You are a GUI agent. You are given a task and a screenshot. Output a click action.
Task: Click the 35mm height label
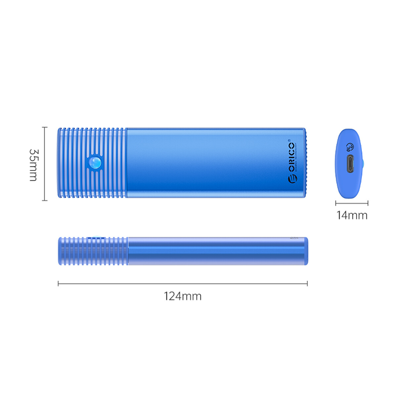click(x=33, y=165)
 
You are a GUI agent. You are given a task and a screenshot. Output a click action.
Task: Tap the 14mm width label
click(x=352, y=215)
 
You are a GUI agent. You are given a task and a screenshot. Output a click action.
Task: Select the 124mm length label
click(x=183, y=296)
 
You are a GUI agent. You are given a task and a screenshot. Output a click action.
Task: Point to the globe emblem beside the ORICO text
click(x=293, y=178)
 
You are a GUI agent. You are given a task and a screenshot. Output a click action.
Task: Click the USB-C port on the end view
click(x=350, y=164)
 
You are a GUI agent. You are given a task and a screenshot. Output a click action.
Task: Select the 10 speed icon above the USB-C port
click(x=350, y=147)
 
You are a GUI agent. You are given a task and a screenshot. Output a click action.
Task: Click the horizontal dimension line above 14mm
click(x=352, y=203)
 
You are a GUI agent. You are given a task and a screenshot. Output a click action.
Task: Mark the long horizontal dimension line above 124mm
click(x=183, y=284)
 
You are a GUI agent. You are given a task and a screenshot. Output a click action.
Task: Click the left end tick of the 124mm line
click(x=59, y=284)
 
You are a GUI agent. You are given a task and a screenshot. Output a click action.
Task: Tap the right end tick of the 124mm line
click(x=307, y=284)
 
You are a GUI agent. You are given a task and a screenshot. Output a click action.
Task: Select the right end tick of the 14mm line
click(x=368, y=203)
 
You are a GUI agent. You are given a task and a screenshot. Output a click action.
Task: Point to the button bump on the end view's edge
click(x=363, y=163)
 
